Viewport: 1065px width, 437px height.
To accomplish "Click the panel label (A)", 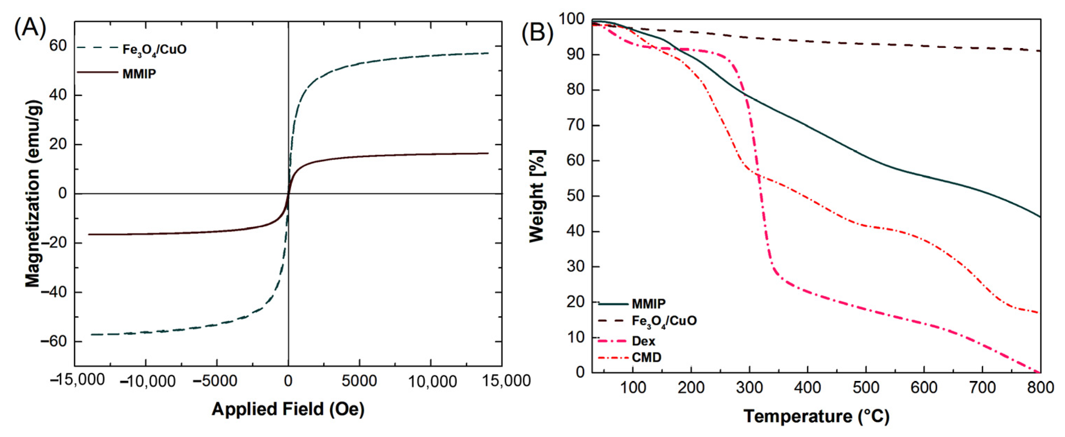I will click(30, 29).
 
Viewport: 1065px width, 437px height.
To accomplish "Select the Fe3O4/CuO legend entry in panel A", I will click(154, 50).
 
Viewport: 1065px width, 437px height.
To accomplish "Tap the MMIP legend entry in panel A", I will click(139, 74).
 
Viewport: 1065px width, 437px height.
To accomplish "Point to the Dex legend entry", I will click(643, 341).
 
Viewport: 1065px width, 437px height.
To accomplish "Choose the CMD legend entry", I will click(646, 357).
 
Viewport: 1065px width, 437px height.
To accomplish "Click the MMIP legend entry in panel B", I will click(649, 304).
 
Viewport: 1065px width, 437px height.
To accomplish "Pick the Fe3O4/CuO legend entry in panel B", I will click(664, 321).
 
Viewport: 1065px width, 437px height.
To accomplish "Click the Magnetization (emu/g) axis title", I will click(33, 193).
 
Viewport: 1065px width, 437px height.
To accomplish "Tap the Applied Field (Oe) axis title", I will click(288, 409).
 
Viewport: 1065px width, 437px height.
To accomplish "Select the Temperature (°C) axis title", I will click(816, 416).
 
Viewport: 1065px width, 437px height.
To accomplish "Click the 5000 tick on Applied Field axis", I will click(359, 381).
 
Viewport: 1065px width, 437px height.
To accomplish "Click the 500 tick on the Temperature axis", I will click(866, 388).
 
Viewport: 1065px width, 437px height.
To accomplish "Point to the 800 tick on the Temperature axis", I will click(1040, 388).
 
